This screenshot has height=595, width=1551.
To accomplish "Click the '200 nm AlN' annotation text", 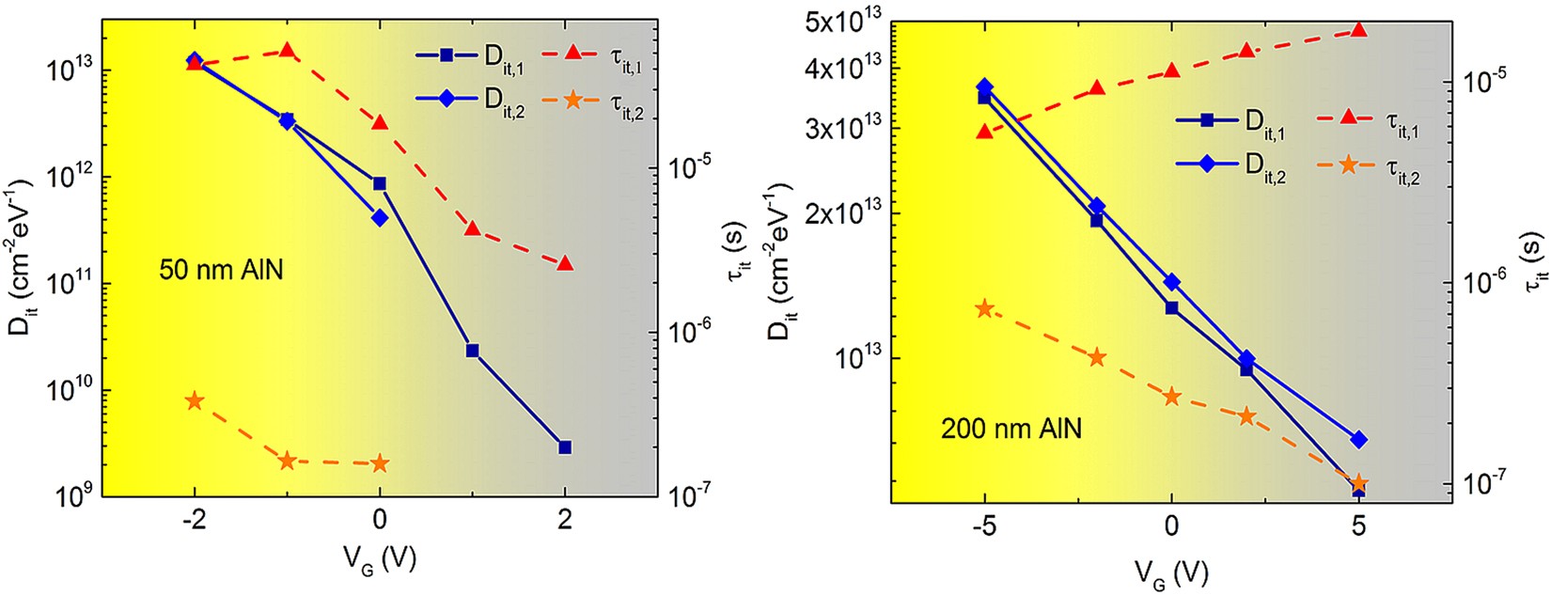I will pyautogui.click(x=1010, y=429).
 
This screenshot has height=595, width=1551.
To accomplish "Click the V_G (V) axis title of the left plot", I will pyautogui.click(x=379, y=560).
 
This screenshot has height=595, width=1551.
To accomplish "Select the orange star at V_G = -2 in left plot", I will pyautogui.click(x=195, y=401).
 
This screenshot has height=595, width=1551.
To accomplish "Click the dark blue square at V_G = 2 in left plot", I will pyautogui.click(x=565, y=447).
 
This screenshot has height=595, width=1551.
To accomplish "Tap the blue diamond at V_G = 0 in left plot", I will pyautogui.click(x=380, y=218).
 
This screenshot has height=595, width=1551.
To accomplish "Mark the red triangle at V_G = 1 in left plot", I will pyautogui.click(x=473, y=228).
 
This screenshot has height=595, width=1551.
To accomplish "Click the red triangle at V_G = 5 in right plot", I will pyautogui.click(x=1358, y=30).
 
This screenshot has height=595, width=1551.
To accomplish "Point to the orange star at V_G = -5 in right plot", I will pyautogui.click(x=984, y=309).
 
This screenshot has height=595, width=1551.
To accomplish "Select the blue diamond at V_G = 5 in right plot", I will pyautogui.click(x=1358, y=440).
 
